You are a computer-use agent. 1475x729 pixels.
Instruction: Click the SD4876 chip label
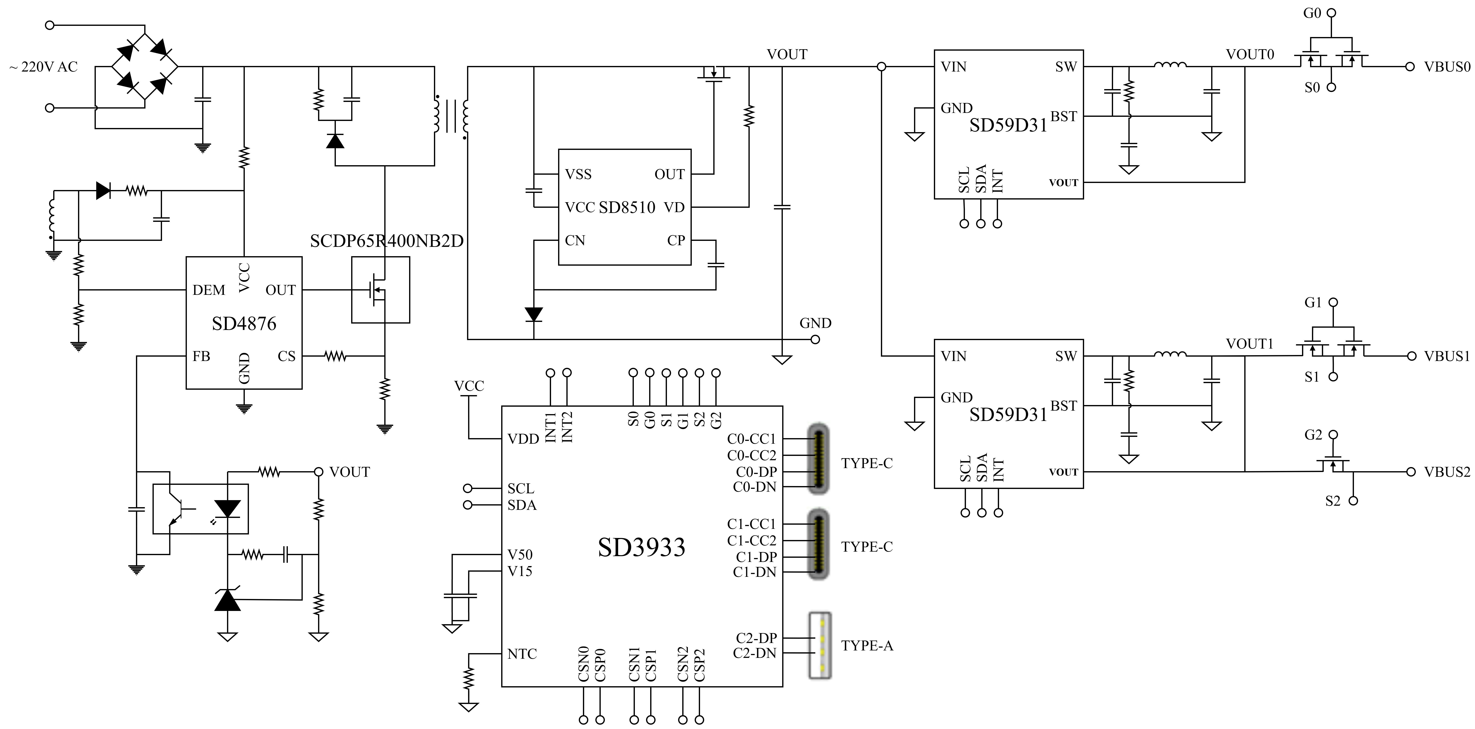click(244, 324)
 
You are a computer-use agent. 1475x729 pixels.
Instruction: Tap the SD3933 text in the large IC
click(641, 547)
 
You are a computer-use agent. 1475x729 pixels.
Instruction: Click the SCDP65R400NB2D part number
click(387, 241)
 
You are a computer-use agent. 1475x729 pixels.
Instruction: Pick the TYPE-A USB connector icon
click(820, 645)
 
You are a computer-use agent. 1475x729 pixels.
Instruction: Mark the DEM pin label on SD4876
click(208, 290)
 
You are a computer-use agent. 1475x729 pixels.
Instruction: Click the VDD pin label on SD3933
click(523, 439)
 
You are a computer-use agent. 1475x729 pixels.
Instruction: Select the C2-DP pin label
click(756, 638)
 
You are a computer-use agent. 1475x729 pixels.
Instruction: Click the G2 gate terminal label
click(1313, 435)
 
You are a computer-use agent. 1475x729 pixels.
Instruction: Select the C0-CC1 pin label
click(751, 439)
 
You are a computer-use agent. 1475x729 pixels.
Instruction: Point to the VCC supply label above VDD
click(469, 386)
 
